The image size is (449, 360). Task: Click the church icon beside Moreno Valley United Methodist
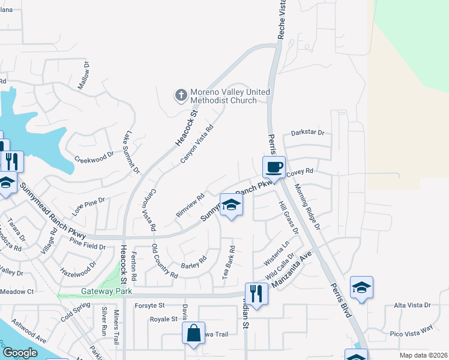[181, 95]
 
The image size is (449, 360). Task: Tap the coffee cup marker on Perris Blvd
[274, 166]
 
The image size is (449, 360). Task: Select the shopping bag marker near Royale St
[194, 334]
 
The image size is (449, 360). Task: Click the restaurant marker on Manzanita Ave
[256, 294]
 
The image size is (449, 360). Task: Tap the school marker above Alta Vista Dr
[361, 288]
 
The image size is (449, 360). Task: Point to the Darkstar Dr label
[307, 133]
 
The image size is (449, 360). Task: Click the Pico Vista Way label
[411, 329]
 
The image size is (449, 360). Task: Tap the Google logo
[20, 353]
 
